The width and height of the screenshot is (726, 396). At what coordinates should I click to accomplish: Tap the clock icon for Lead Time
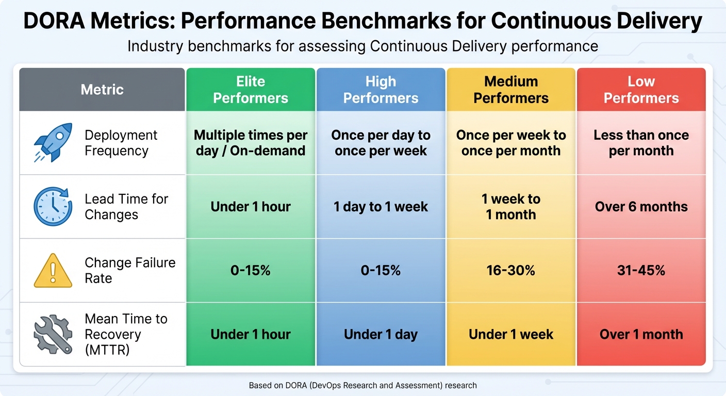[53, 207]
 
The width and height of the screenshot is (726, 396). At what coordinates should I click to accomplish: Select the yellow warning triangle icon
[53, 271]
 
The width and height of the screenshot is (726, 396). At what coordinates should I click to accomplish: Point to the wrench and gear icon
[53, 334]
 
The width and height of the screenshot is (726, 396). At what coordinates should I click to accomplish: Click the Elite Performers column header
[251, 90]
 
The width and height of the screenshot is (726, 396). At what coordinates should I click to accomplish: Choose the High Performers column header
[381, 90]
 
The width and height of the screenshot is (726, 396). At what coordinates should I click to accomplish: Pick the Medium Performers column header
[511, 90]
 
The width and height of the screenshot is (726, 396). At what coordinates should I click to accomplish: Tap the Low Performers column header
[641, 90]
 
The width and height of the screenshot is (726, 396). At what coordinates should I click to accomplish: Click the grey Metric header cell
[102, 90]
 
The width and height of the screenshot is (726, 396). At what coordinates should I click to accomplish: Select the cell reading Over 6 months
[641, 207]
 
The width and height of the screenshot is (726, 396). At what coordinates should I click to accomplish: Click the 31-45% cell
[641, 271]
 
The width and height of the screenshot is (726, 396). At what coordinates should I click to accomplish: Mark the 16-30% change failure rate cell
[511, 271]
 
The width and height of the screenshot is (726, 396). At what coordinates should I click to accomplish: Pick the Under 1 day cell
[381, 334]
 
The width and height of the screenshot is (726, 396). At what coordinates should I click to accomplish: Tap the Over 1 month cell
[641, 334]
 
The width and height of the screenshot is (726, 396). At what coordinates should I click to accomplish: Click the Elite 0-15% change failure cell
[251, 271]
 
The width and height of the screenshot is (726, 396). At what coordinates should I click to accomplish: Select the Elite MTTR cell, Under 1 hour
[251, 334]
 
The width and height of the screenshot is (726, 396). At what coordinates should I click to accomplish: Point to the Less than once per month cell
[641, 143]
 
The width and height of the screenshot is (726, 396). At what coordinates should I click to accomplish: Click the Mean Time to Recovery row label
[126, 334]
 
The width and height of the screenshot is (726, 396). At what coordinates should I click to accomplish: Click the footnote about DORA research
[362, 385]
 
